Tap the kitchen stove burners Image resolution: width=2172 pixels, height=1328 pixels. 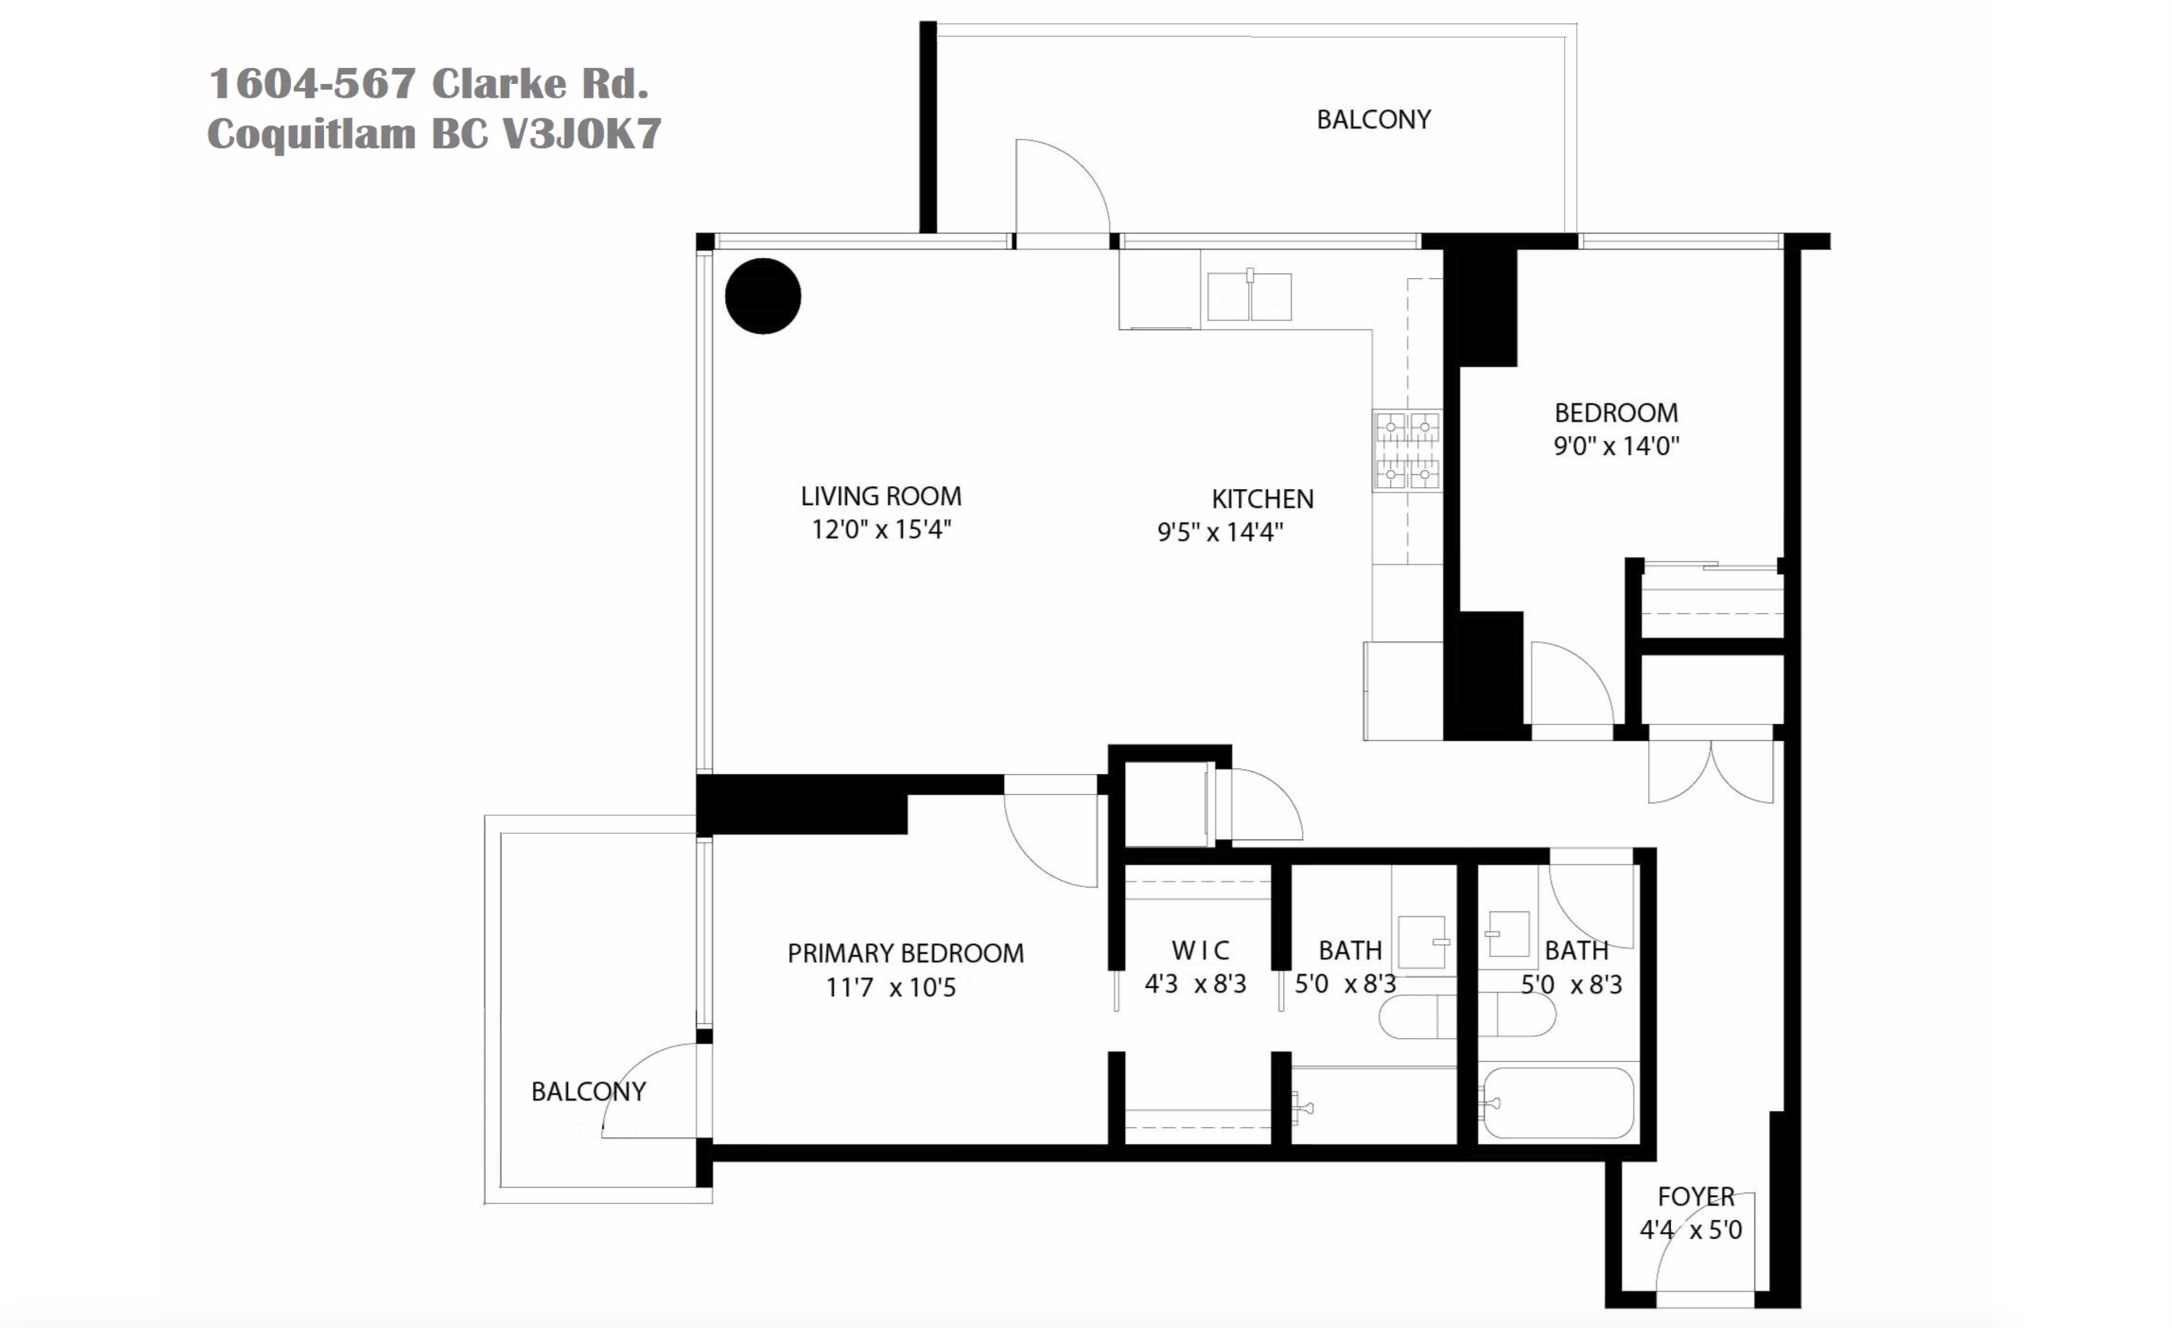coord(1408,451)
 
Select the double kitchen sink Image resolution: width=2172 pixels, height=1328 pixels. coord(1249,296)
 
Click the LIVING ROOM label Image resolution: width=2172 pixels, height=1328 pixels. coord(881,497)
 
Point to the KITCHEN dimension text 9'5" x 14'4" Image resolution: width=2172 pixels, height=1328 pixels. coord(1220,532)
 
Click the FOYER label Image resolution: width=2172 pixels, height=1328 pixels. coord(1696,1196)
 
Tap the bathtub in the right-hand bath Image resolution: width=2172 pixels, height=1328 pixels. coord(1558,1103)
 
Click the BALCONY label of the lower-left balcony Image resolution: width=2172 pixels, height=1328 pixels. coord(588,1092)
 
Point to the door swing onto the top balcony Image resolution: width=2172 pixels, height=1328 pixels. coord(1062,187)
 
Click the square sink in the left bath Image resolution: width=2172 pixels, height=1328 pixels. coord(1421,942)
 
